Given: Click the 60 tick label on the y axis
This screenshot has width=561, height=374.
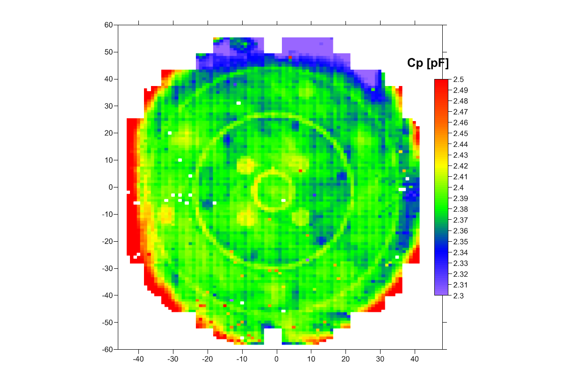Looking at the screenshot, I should pyautogui.click(x=109, y=25).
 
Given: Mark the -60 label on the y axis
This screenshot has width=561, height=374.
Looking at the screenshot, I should pyautogui.click(x=108, y=349).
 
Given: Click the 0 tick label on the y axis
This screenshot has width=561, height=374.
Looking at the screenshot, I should pyautogui.click(x=111, y=187).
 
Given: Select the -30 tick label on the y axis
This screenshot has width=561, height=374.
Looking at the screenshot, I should pyautogui.click(x=108, y=268).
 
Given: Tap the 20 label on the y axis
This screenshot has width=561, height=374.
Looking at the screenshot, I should pyautogui.click(x=109, y=133).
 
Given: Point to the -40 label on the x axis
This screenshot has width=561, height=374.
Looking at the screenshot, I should pyautogui.click(x=138, y=359).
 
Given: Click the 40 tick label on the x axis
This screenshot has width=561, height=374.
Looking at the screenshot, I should pyautogui.click(x=415, y=359).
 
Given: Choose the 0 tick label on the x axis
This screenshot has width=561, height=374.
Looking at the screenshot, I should pyautogui.click(x=277, y=359).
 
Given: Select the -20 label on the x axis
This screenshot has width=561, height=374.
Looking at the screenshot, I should pyautogui.click(x=208, y=359).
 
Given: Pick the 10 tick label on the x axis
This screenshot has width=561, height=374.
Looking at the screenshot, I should pyautogui.click(x=311, y=359).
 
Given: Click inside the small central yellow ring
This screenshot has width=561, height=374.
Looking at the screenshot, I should pyautogui.click(x=273, y=191).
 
